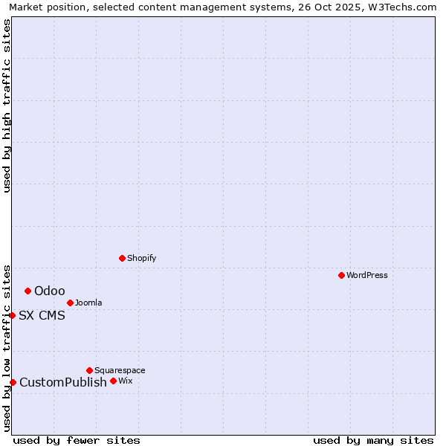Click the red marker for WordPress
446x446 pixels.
coord(341,275)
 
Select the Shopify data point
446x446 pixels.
coord(122,258)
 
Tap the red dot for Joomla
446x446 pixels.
coord(70,303)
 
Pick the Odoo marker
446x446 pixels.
coord(28,291)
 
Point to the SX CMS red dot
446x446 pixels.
coord(13,315)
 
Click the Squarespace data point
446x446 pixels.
coord(89,370)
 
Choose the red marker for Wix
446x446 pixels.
coord(113,381)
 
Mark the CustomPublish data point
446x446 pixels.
coord(13,382)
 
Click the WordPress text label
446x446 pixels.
coord(367,275)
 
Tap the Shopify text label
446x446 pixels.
coord(141,258)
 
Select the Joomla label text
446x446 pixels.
coord(88,303)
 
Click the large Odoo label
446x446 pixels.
coord(50,291)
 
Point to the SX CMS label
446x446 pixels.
coord(42,315)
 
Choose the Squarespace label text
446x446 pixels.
coord(120,370)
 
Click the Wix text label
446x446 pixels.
coord(125,381)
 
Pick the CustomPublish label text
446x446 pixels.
coord(63,382)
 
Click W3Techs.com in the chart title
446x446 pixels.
coord(405,7)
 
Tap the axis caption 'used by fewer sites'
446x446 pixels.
coord(77,440)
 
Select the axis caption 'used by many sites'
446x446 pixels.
coord(373,440)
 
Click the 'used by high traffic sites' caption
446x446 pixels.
coord(7,106)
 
